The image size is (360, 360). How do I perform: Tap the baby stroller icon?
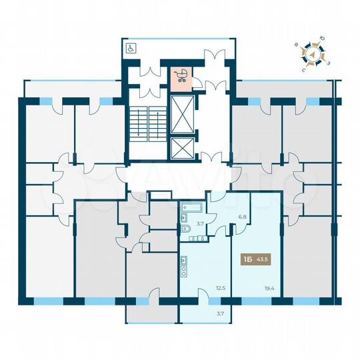pos(180,76)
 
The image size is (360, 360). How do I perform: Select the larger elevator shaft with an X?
pos(181,113)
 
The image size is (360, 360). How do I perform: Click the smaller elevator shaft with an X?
pos(181,148)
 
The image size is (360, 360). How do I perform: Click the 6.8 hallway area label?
pos(243,217)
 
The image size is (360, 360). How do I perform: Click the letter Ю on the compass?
pos(322,39)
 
